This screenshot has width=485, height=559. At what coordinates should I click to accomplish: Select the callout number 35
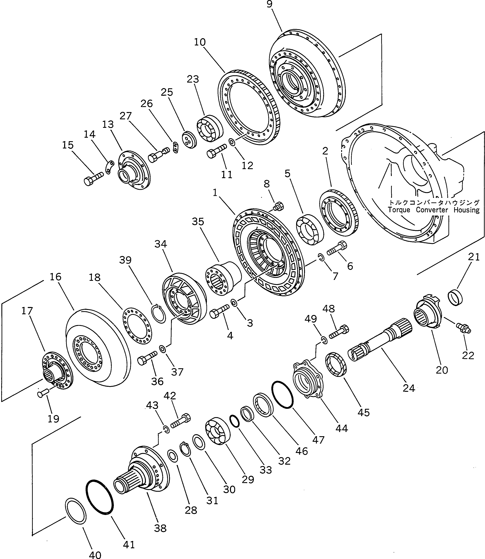click(198, 221)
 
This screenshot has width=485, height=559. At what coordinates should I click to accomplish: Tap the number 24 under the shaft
click(409, 388)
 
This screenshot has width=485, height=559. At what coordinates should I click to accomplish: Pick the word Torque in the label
click(399, 210)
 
